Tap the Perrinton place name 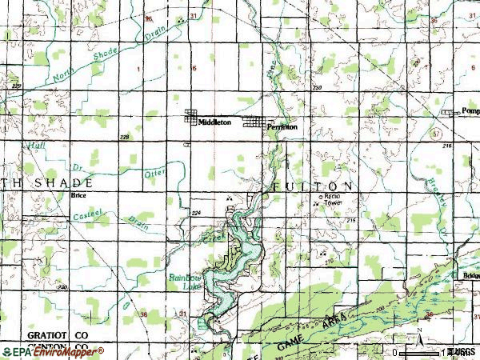(282, 126)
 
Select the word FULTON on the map (312, 186)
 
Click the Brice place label (78, 194)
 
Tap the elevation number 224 (197, 213)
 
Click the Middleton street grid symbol (194, 117)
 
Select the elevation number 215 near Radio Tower (351, 218)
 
